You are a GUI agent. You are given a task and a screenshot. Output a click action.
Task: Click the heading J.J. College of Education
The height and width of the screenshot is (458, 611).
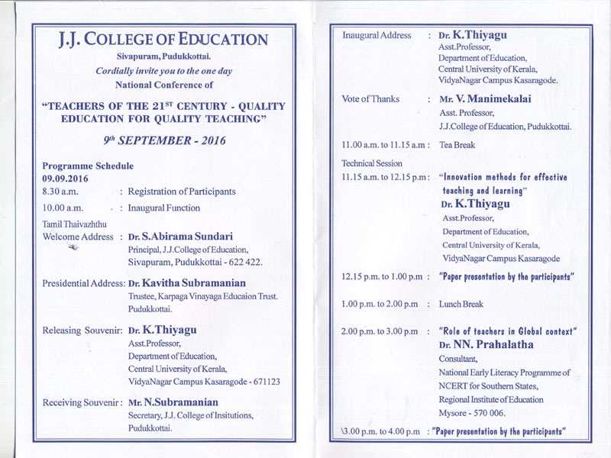coord(163,40)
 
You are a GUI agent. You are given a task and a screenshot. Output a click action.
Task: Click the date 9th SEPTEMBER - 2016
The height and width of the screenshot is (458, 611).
coord(164,140)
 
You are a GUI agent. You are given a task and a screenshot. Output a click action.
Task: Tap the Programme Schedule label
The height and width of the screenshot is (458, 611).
coord(88,166)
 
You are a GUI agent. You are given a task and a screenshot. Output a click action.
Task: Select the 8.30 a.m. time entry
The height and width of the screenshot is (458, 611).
coord(60,192)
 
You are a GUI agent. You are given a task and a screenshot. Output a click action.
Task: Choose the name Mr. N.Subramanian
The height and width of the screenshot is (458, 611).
coord(173,402)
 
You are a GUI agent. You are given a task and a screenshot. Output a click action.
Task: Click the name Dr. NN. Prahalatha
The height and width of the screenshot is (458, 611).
coord(486,345)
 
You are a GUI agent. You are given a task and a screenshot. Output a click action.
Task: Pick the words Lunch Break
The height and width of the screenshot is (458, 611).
coord(461,304)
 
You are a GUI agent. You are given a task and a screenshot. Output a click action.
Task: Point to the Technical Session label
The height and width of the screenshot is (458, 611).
coord(372,163)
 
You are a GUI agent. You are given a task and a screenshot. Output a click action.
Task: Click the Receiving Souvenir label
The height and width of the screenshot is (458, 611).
coord(82,402)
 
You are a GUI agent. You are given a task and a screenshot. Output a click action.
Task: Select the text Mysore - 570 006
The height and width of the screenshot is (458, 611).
coord(472,412)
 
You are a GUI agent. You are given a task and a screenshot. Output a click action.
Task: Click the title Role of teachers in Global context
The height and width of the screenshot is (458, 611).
coord(508,331)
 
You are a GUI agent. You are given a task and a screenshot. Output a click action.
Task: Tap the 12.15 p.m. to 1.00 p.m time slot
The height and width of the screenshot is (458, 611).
coord(381,276)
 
